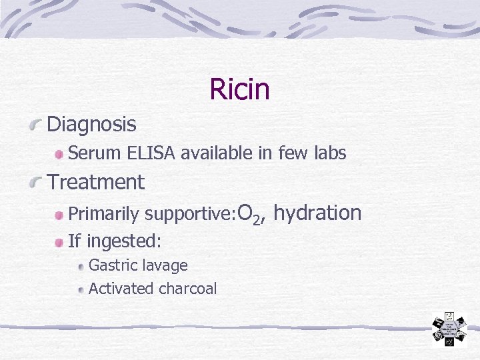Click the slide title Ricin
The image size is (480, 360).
point(239,89)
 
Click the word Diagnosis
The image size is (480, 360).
point(91,125)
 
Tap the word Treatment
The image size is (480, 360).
point(95,182)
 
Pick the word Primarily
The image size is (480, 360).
point(104,215)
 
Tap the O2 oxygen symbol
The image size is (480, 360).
point(247,214)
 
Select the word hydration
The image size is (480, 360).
point(317,213)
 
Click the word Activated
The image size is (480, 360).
point(121,289)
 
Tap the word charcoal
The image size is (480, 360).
point(188,289)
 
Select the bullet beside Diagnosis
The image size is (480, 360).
point(39,125)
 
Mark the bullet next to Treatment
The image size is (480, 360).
point(39,183)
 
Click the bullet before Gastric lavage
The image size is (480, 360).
point(81,267)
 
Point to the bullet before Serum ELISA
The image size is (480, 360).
point(60,155)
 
